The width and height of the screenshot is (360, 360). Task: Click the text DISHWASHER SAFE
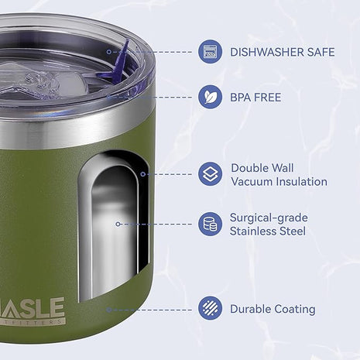coord(282,53)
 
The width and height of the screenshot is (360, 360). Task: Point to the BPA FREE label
coord(255,98)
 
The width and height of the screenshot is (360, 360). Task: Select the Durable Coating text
coord(272,309)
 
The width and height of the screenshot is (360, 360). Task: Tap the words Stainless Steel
coord(268,231)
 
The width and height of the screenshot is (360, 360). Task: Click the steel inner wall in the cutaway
coord(111,232)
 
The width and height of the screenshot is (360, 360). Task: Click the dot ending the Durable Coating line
coord(108,309)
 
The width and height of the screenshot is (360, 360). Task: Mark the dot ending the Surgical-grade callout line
coord(118,224)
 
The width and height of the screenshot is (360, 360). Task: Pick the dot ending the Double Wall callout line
coord(143,174)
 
